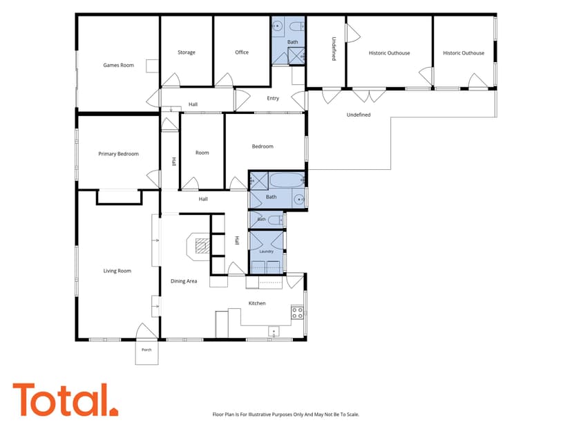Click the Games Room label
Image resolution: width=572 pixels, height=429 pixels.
point(119,66)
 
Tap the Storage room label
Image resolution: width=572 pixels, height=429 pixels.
point(187,53)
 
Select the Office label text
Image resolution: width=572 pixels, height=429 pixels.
point(242,53)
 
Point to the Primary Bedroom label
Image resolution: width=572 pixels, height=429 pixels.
point(119,154)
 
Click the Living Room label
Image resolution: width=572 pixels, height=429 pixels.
point(117,271)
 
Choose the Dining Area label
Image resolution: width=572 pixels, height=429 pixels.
point(184,281)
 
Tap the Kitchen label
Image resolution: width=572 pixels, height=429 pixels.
point(257,303)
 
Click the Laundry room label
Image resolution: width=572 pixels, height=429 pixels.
point(266,251)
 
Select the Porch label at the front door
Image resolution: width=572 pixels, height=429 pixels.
point(146,350)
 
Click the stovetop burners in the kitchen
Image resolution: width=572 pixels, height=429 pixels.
point(297,313)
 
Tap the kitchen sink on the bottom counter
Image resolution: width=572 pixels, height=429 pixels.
point(274,332)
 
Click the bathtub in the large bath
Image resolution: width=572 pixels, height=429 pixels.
point(287,180)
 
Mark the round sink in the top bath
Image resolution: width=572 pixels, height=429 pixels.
point(278,26)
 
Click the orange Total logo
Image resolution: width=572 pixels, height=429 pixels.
point(66,399)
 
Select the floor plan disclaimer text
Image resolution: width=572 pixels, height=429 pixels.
point(286,414)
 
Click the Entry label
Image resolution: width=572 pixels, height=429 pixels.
point(273,99)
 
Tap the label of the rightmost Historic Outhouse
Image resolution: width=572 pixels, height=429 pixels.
point(464,53)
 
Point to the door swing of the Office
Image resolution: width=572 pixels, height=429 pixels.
point(224,80)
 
